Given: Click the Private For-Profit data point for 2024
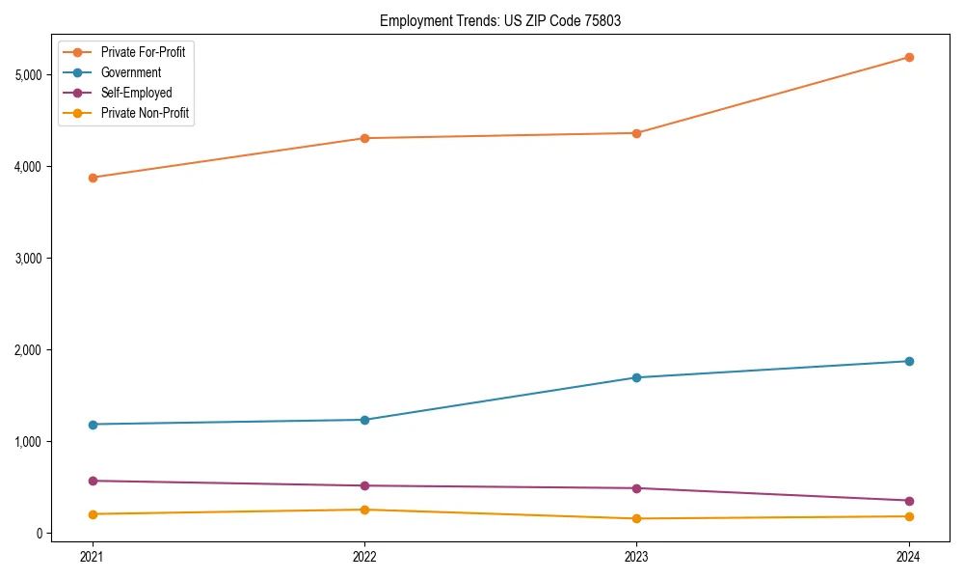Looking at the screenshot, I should pos(909,57).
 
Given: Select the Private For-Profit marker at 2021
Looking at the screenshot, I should pos(93,178).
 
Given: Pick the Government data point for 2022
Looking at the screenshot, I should pos(364,420).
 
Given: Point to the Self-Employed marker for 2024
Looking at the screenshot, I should pos(909,501).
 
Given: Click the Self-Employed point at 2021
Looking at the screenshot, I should pos(93,481).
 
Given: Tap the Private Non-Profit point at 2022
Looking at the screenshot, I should pos(364,510).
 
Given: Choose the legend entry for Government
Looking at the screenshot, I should pos(130,72).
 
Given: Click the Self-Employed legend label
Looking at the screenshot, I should pos(136,93).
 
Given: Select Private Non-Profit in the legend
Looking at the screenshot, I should pos(145,113).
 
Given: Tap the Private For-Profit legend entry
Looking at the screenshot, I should pos(143,52).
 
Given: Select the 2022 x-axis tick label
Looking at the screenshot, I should pos(364,556).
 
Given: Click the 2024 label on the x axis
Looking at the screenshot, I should pos(909,556).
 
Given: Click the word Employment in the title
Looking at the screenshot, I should pos(412,20).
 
